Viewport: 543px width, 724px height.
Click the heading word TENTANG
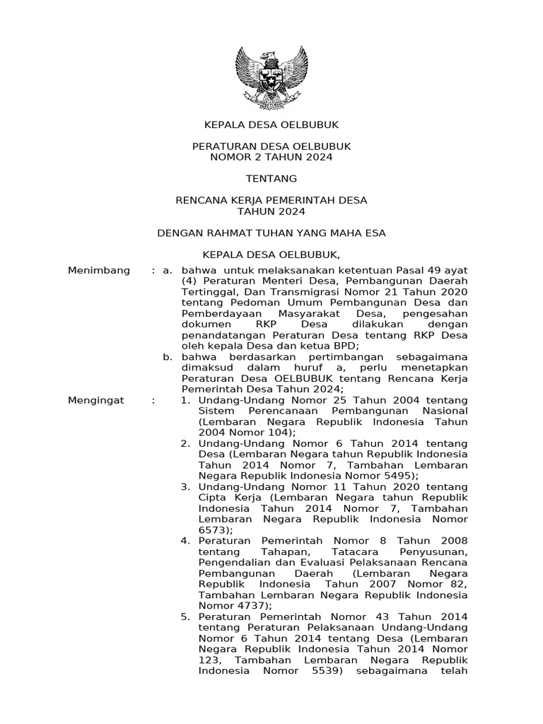click(271, 178)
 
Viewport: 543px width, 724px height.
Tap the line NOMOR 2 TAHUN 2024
click(271, 157)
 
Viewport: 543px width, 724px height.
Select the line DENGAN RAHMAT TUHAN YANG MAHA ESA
click(271, 233)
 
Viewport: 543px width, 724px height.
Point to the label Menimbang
click(99, 270)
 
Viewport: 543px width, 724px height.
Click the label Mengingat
click(96, 400)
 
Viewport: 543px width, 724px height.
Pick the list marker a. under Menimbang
click(168, 270)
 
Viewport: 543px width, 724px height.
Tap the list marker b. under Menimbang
click(168, 357)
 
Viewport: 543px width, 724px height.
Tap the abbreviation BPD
click(345, 346)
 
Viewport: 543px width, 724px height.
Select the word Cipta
click(212, 498)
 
